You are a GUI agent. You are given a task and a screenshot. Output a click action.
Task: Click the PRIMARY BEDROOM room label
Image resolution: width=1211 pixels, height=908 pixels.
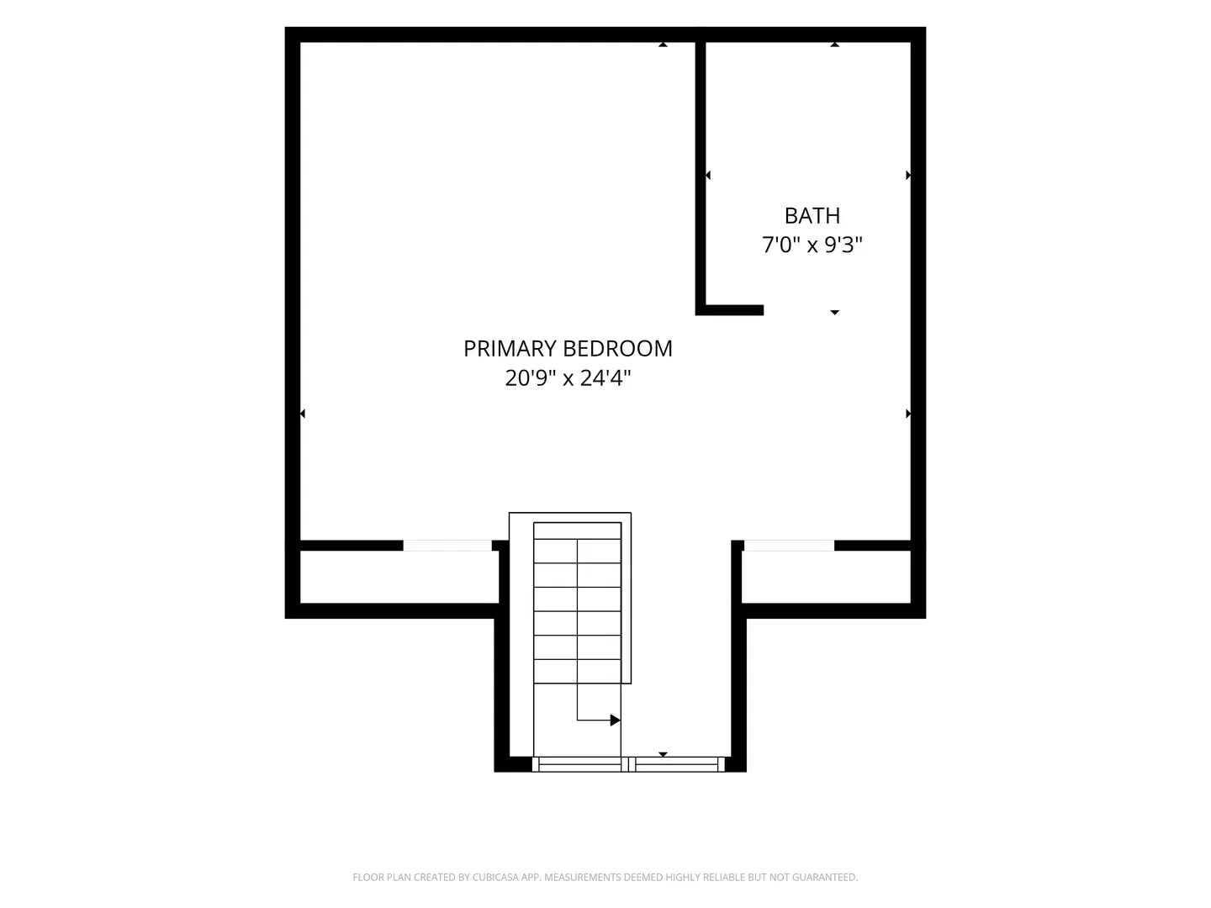(568, 348)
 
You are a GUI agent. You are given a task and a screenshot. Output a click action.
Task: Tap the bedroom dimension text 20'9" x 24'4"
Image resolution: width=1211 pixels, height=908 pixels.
(568, 378)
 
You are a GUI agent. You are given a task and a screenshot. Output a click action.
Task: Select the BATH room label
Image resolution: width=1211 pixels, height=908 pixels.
(812, 215)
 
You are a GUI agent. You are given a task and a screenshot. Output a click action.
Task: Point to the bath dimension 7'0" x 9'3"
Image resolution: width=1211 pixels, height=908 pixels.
(812, 244)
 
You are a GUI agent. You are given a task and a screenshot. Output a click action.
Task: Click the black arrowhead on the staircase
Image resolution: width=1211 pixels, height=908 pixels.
(615, 720)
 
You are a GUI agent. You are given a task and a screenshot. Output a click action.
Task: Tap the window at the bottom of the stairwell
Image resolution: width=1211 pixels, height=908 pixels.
(628, 764)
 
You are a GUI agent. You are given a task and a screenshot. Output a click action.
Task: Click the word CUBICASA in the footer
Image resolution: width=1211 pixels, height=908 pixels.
(495, 877)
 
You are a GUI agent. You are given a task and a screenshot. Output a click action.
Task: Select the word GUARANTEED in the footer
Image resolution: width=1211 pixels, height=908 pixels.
(825, 877)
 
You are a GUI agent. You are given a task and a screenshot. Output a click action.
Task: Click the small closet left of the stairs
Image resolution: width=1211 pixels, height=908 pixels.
(399, 577)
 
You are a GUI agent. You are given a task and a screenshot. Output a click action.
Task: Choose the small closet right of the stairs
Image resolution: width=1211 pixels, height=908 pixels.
(826, 577)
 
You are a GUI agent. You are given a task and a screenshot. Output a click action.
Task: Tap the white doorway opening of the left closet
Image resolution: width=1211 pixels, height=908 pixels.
(447, 546)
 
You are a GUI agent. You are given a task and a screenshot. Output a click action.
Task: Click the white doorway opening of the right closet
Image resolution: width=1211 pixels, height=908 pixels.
(790, 546)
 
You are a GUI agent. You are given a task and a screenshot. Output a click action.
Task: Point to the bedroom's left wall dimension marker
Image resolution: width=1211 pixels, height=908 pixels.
(303, 414)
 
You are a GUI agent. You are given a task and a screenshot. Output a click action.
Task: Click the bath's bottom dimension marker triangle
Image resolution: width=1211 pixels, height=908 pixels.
(835, 313)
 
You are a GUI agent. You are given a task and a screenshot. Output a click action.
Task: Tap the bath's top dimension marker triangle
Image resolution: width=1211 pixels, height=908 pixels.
(835, 45)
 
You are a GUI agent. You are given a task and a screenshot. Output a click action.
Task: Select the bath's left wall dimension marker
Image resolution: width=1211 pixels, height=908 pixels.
(708, 176)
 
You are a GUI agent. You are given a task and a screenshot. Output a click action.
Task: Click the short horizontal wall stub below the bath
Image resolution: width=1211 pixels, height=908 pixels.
(729, 310)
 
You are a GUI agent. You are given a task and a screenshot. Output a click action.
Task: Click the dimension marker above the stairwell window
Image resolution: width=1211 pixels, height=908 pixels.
(664, 754)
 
